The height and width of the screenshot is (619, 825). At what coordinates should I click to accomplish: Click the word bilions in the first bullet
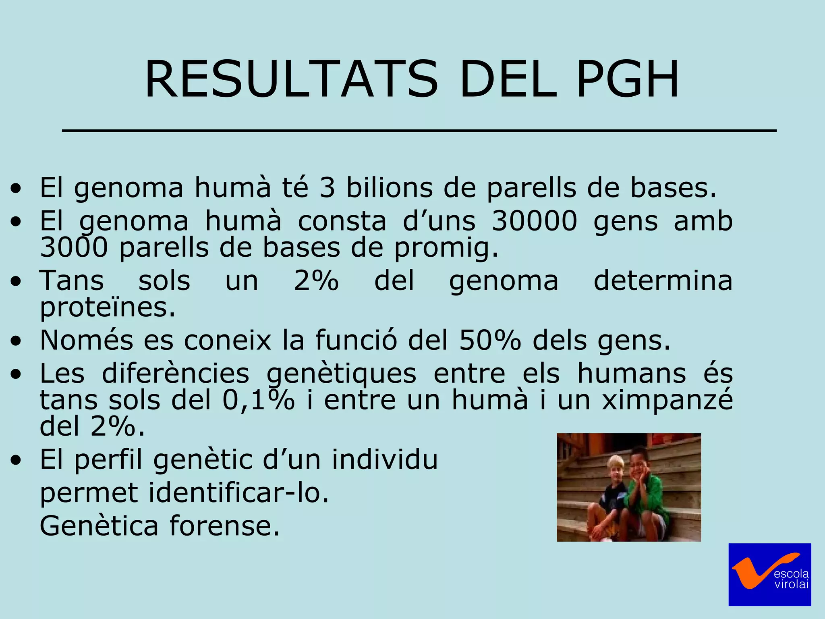390,188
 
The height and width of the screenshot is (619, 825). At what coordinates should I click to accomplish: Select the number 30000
534,221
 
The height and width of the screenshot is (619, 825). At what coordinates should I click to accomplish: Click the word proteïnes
108,308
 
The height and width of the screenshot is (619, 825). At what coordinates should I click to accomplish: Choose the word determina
663,280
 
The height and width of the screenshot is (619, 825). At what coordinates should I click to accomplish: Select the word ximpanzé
667,400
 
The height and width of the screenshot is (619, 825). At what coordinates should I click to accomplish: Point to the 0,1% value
258,400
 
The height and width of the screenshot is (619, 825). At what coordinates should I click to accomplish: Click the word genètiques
341,374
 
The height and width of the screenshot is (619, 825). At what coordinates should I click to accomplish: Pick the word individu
384,459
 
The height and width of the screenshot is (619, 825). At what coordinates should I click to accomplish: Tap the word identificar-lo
238,493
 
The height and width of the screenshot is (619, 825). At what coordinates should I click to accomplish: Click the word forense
224,526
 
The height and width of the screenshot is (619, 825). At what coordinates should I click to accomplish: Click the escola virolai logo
769,574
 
